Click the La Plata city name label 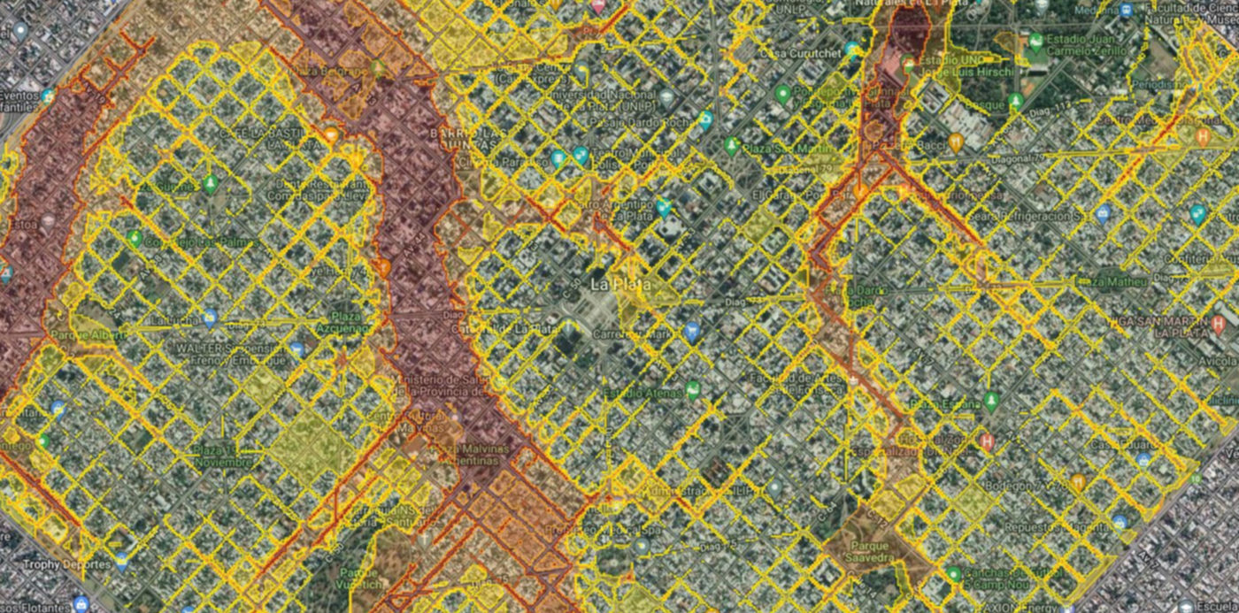619,285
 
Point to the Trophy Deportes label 55,563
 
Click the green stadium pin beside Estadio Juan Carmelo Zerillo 1035,42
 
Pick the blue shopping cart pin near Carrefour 692,332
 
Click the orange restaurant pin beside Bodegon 1077,482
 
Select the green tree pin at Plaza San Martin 731,145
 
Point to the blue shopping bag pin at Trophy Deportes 122,561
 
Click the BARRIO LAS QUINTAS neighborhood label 429,139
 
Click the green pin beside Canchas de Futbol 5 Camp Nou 953,575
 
